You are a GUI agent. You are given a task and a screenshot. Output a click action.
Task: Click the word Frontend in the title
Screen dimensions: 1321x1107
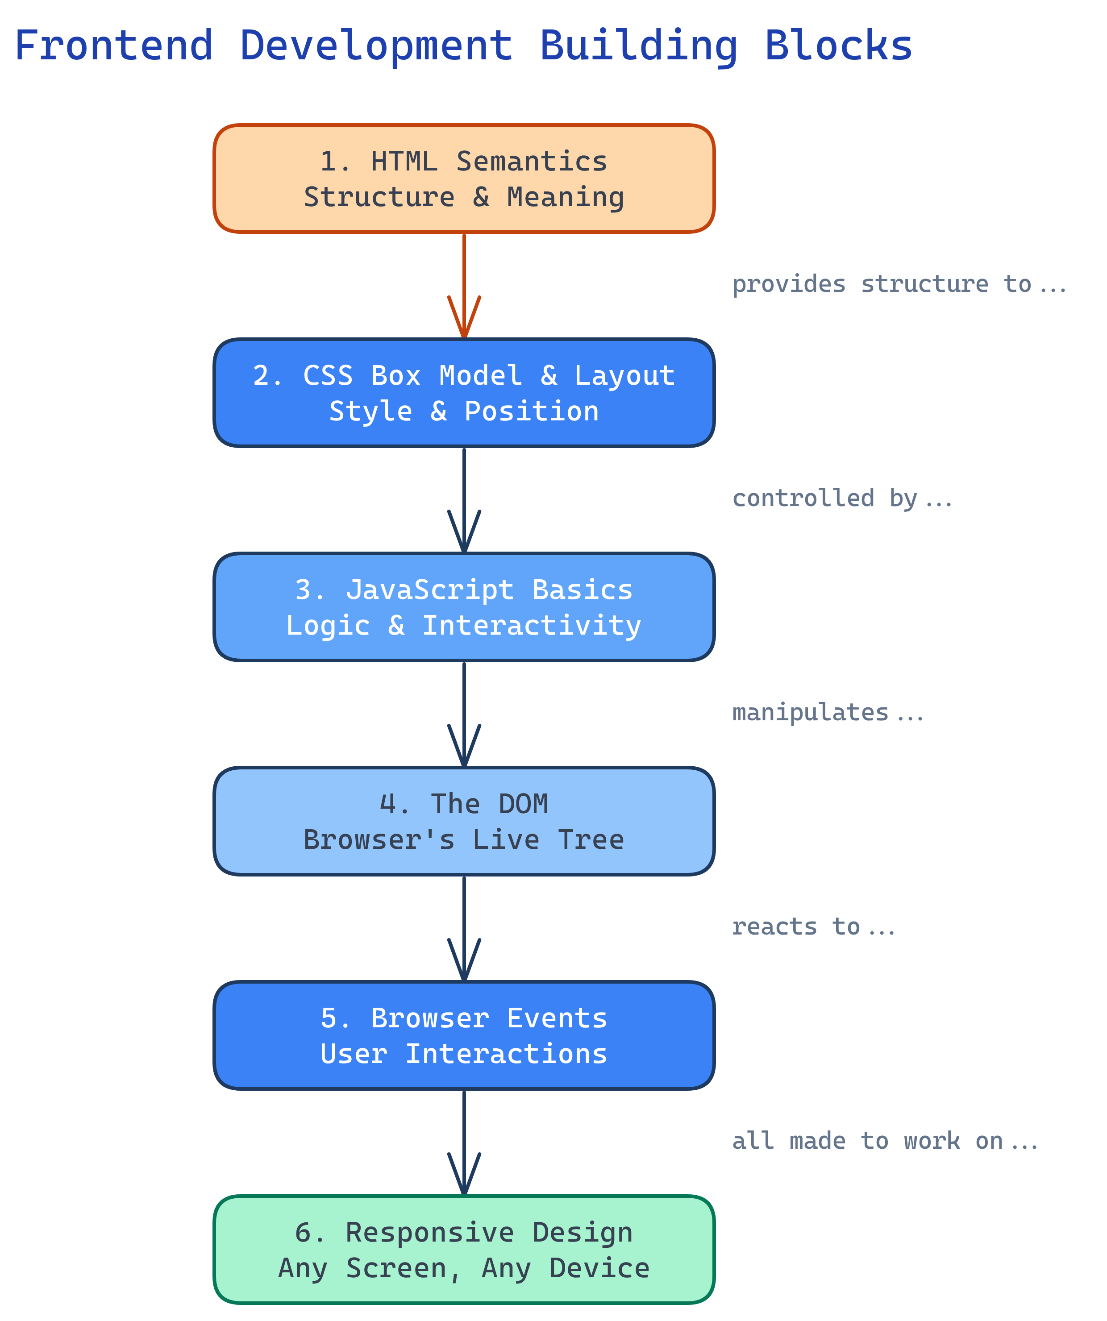(x=114, y=46)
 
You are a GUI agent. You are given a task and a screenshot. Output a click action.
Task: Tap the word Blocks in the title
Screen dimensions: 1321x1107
(x=838, y=46)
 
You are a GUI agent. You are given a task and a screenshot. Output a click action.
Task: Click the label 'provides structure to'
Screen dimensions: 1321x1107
(x=898, y=284)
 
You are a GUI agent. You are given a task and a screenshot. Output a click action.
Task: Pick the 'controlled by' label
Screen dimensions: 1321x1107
(x=841, y=498)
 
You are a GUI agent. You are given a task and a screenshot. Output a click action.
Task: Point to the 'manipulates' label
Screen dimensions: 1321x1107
(x=827, y=713)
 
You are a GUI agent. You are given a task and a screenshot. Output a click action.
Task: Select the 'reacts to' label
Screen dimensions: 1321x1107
(x=812, y=926)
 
